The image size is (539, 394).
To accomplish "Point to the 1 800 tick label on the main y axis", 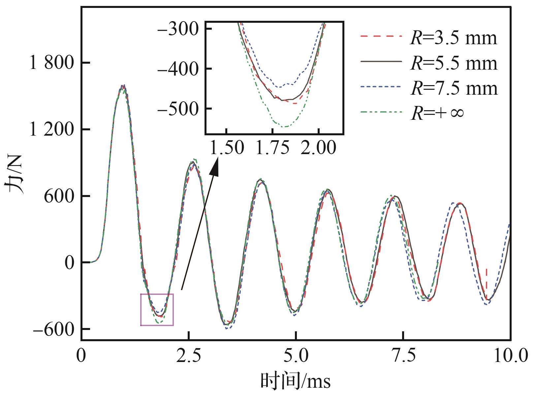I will click(x=51, y=63).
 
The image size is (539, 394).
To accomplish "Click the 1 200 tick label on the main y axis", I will click(x=51, y=129).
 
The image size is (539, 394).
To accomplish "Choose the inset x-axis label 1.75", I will click(x=272, y=148).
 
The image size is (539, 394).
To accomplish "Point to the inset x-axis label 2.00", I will click(x=319, y=148).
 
